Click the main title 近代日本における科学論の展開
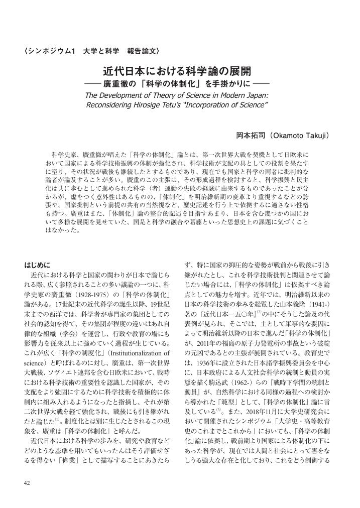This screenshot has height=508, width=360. (x=177, y=71)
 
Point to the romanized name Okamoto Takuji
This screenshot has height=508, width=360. (x=300, y=136)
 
